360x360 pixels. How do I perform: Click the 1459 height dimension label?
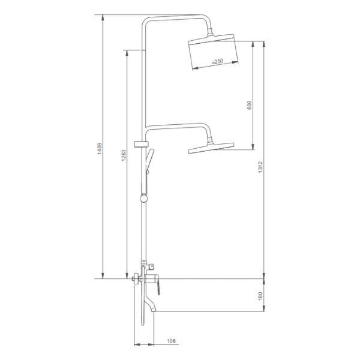100,148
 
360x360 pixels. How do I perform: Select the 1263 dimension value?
124,155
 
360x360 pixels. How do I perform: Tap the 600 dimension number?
250,105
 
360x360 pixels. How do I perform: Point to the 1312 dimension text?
260,167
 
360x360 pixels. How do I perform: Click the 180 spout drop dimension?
260,296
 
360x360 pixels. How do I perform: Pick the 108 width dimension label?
172,341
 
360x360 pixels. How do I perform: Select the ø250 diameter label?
218,61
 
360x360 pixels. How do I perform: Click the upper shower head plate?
211,39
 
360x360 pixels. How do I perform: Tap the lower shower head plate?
211,148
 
